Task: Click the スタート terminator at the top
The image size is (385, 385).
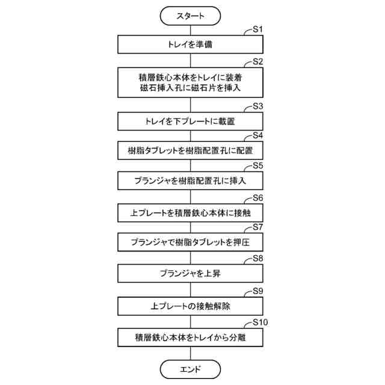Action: (x=190, y=16)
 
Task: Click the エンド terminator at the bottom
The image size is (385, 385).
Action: (x=190, y=368)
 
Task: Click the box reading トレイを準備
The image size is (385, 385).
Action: (x=190, y=45)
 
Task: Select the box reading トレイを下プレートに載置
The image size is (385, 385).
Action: (x=190, y=121)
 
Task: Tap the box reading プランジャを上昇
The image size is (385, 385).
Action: (x=190, y=274)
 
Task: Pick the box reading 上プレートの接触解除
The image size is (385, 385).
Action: (x=190, y=306)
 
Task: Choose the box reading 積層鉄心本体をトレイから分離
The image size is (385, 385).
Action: (x=190, y=337)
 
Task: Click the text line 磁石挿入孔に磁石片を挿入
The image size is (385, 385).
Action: (x=190, y=88)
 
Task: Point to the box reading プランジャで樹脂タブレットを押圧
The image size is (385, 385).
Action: (x=190, y=242)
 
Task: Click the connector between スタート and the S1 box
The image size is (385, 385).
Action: (x=190, y=30)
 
